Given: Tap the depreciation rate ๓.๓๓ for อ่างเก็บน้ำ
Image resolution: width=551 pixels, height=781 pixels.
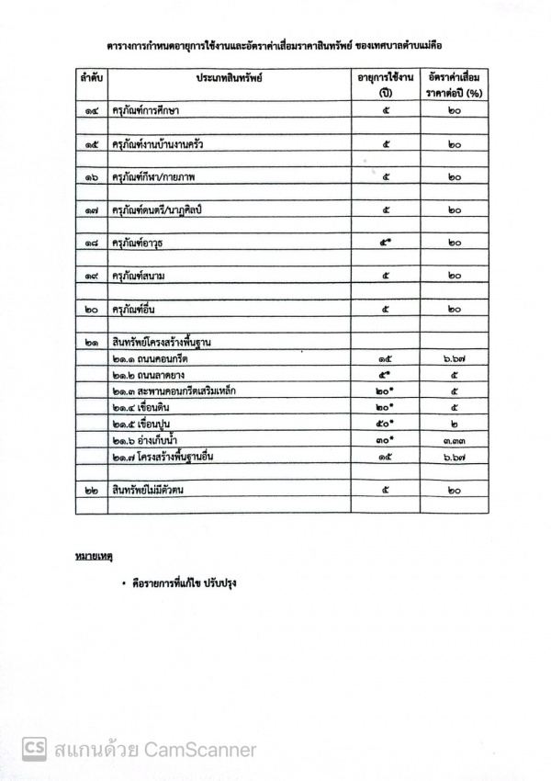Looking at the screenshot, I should coord(455,442).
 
